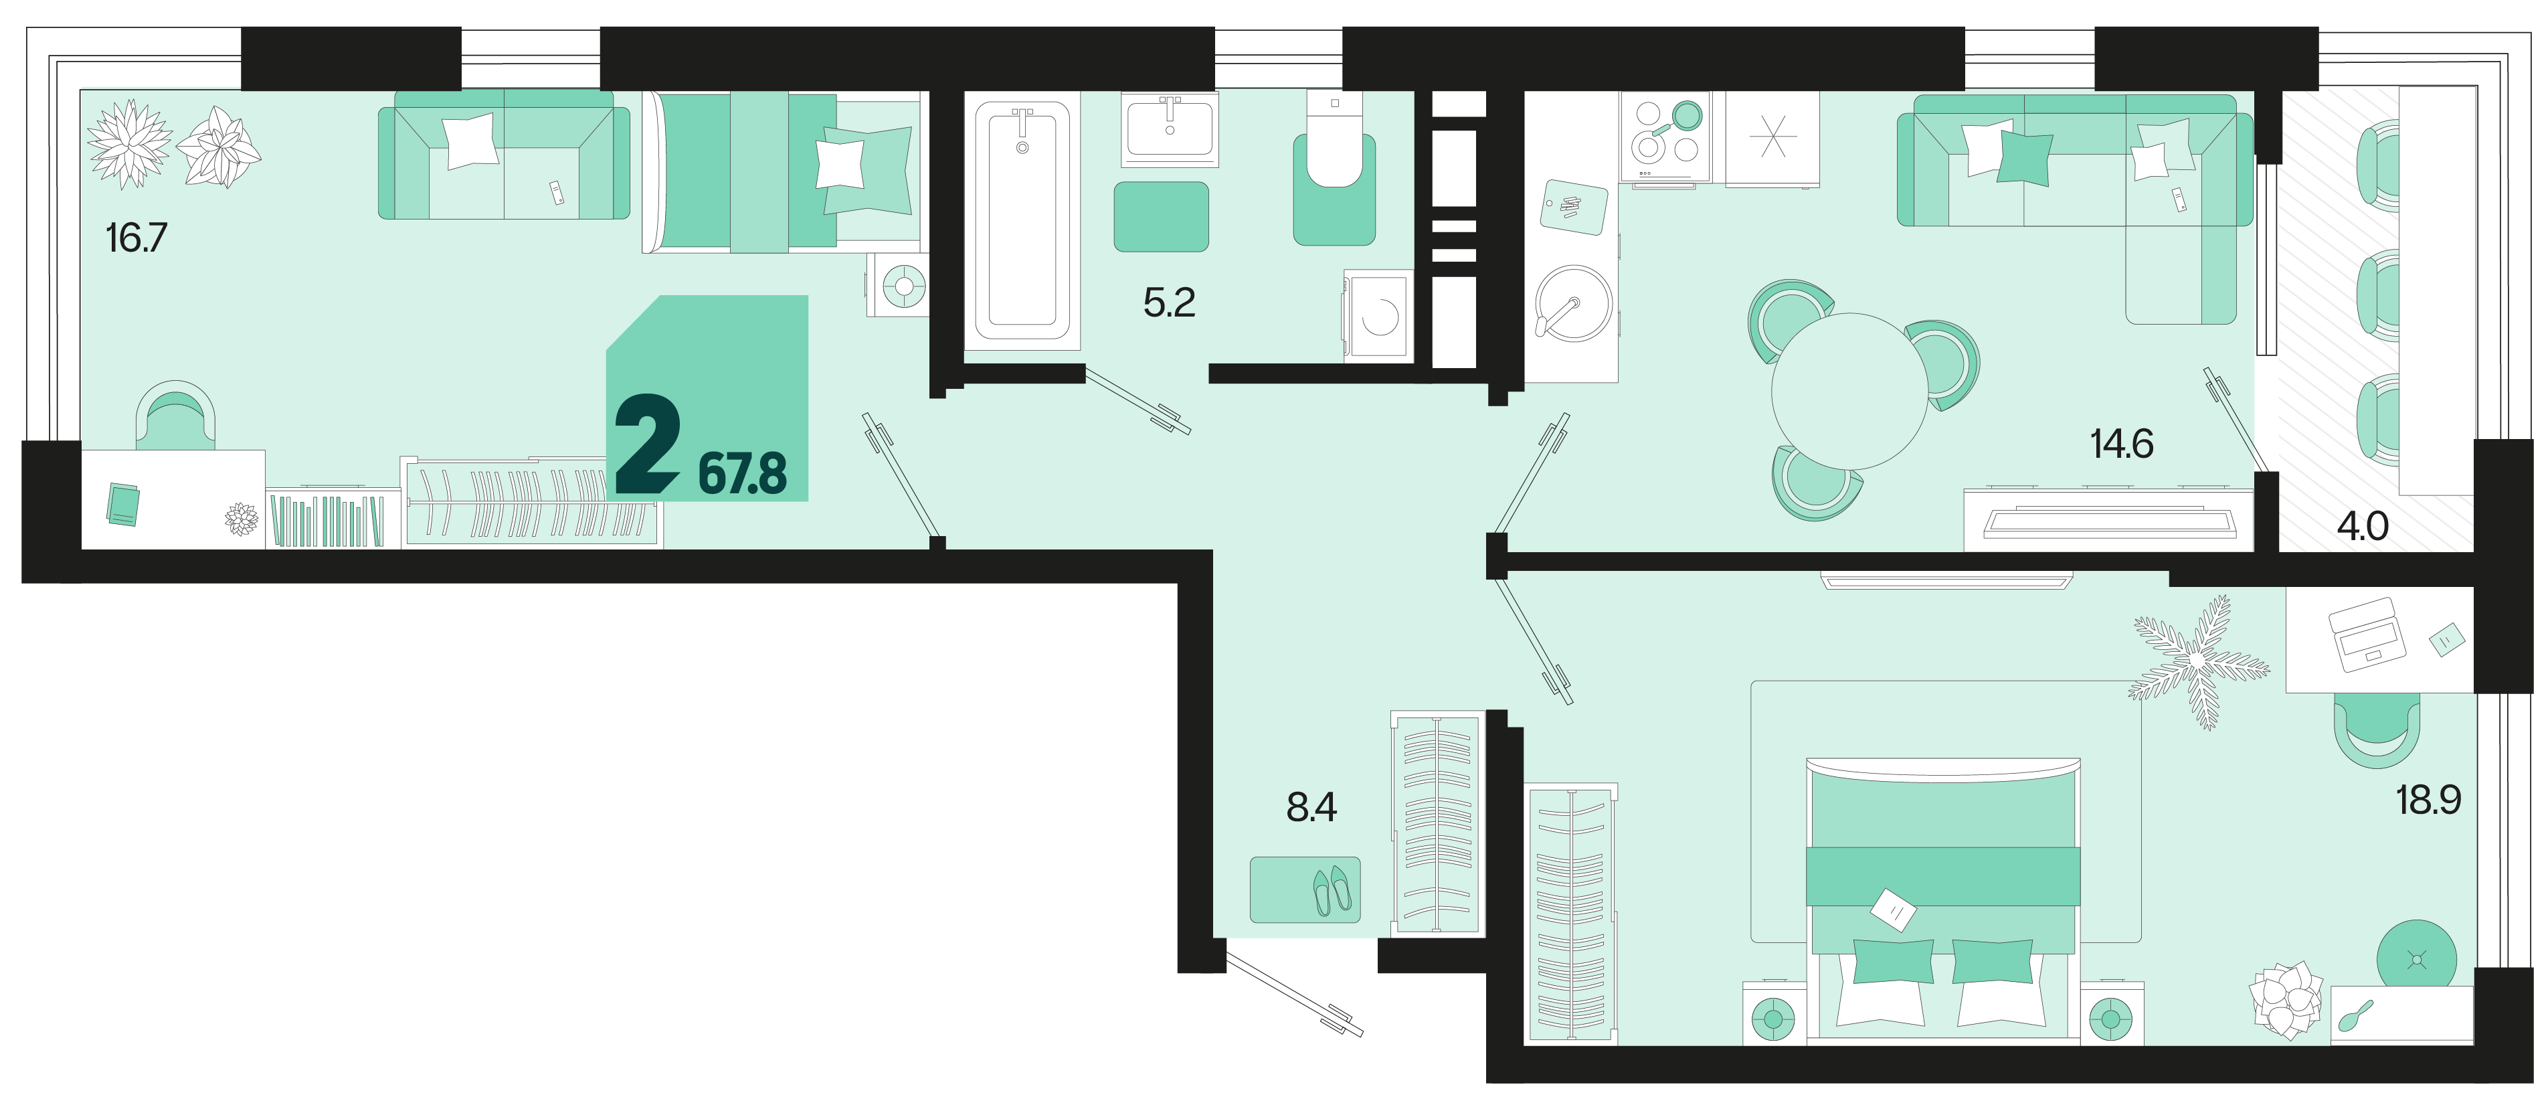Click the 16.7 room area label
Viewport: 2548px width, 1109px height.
tap(136, 238)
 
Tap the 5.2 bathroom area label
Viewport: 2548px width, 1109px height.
tap(1169, 303)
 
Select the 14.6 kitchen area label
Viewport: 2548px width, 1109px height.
tap(2122, 444)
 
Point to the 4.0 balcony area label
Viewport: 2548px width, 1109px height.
tap(2363, 526)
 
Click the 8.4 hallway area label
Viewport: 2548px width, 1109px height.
tap(1311, 807)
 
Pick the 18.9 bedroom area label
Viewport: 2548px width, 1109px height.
tap(2428, 799)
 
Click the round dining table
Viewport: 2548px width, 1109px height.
tap(1849, 391)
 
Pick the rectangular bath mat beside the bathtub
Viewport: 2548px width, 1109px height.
tap(1161, 217)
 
